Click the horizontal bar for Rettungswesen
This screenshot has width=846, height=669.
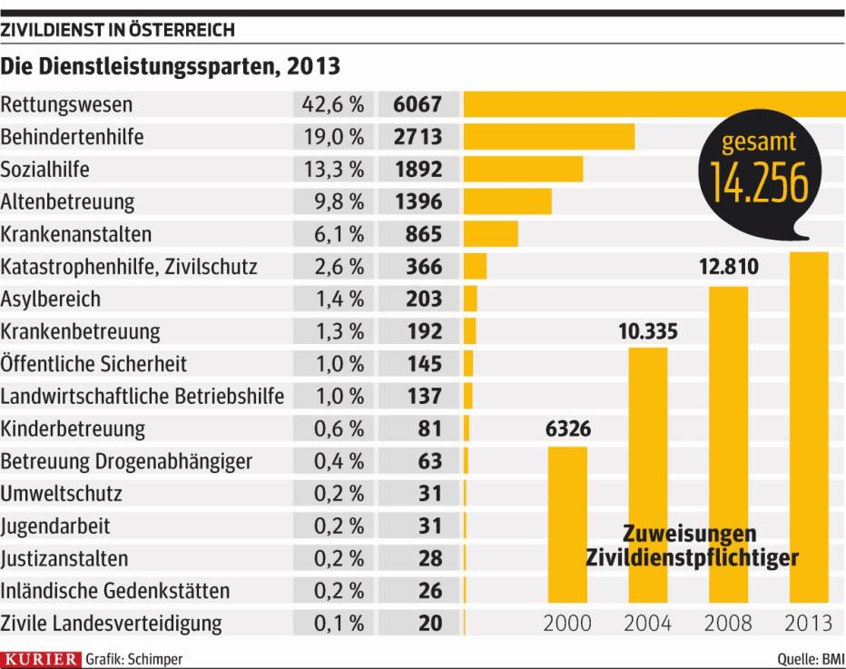pyautogui.click(x=654, y=104)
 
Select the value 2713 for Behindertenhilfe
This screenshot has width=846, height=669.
pyautogui.click(x=418, y=137)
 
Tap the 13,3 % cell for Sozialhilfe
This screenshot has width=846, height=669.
pyautogui.click(x=332, y=170)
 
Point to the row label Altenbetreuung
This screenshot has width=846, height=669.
pyautogui.click(x=68, y=202)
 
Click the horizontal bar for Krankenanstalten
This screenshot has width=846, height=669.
pyautogui.click(x=490, y=234)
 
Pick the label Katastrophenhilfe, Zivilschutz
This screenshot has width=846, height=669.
pyautogui.click(x=129, y=267)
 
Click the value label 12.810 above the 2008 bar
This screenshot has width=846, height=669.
pyautogui.click(x=728, y=268)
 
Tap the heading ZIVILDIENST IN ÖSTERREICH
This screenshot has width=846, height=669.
pyautogui.click(x=118, y=30)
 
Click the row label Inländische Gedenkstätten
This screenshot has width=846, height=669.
pyautogui.click(x=114, y=591)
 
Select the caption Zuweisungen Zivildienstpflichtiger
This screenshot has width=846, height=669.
pyautogui.click(x=692, y=546)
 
